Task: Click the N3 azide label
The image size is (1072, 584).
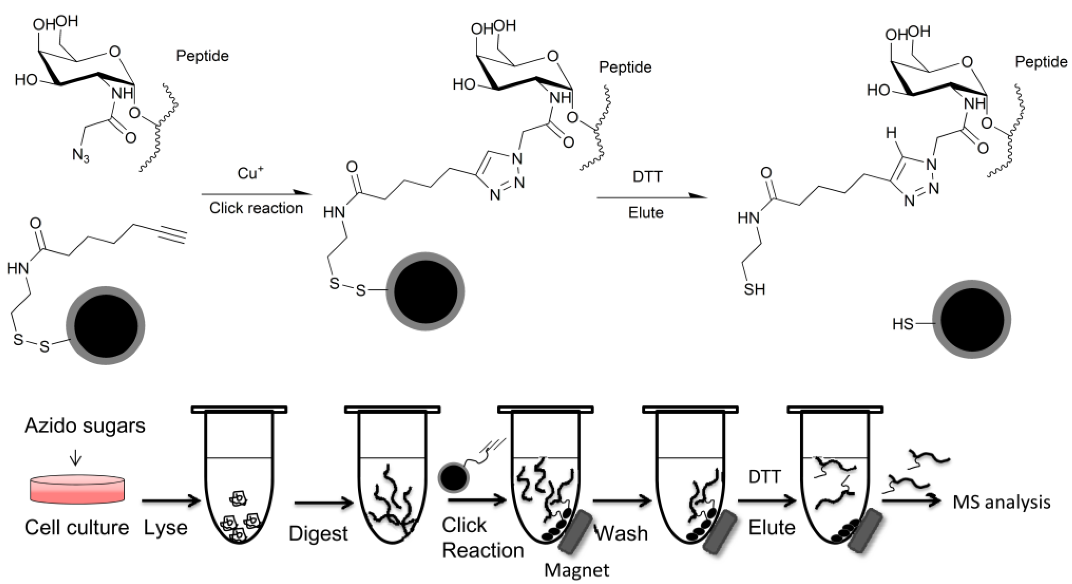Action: click(81, 156)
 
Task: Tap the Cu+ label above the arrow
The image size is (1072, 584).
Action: click(250, 173)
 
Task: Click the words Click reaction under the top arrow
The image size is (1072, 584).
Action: click(256, 208)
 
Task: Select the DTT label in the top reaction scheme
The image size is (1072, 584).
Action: click(647, 177)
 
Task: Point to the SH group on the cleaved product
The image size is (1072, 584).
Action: click(754, 289)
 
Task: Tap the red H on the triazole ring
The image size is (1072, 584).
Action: click(891, 133)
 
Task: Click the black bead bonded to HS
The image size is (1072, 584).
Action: click(971, 319)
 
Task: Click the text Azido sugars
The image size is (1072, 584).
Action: click(85, 425)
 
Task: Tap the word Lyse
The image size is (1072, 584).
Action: click(165, 527)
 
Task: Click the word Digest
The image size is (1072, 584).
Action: click(318, 533)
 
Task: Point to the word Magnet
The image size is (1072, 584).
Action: click(576, 570)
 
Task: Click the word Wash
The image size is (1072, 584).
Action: click(622, 533)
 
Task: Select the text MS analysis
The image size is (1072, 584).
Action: click(1001, 502)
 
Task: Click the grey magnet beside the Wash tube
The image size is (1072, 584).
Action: click(719, 532)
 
